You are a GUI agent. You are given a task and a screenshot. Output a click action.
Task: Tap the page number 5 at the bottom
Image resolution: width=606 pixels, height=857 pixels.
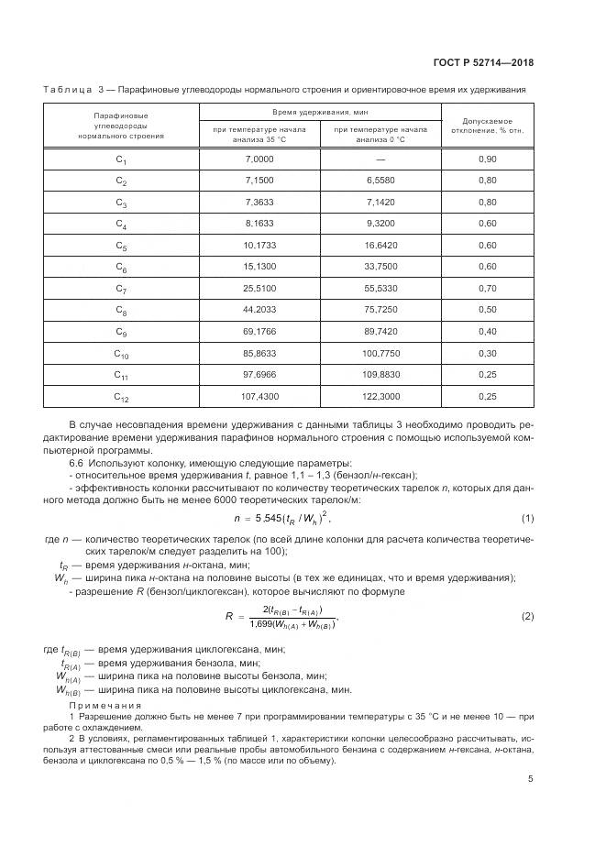point(531,779)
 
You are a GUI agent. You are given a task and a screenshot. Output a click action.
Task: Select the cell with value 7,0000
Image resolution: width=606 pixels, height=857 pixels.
point(259,159)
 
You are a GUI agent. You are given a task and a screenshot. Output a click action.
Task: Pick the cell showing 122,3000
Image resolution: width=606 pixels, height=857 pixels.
point(380,396)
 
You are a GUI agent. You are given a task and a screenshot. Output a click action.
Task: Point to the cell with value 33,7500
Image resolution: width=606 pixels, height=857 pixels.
point(380,267)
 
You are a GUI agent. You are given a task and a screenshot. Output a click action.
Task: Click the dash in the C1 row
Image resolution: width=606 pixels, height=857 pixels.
point(380,159)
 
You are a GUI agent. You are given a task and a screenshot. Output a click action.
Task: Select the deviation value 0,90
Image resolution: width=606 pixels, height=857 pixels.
point(487,159)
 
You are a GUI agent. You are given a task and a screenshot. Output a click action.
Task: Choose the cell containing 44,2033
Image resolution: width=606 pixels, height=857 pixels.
point(259,310)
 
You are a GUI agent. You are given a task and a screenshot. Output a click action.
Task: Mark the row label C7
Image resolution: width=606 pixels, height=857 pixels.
point(122,289)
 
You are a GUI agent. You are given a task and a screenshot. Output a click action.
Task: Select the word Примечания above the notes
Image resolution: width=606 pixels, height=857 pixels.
point(105,706)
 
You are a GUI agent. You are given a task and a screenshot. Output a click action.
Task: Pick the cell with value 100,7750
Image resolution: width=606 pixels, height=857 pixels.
point(380,353)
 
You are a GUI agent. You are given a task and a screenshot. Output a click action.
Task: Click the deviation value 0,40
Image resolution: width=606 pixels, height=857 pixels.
point(487,331)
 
